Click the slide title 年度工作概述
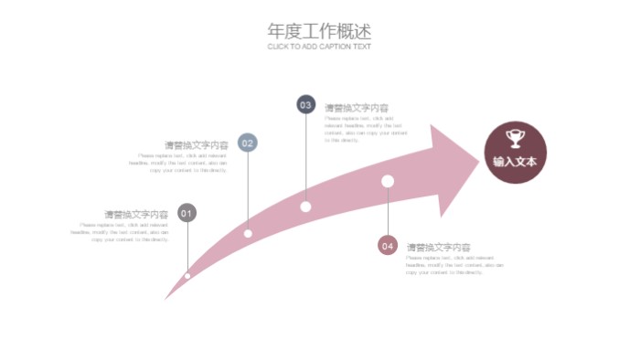click(x=319, y=30)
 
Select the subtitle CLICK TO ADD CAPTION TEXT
click(x=319, y=47)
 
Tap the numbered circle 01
click(x=187, y=214)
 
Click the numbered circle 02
click(x=247, y=143)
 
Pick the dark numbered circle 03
click(x=305, y=105)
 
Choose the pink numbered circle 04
click(x=388, y=245)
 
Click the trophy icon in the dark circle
click(x=515, y=138)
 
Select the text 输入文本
click(x=515, y=162)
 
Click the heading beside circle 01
click(x=135, y=216)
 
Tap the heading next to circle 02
click(x=196, y=145)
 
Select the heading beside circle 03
click(x=356, y=108)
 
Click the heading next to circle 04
click(x=438, y=248)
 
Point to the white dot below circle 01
click(x=187, y=275)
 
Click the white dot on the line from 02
click(x=248, y=233)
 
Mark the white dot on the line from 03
click(x=305, y=206)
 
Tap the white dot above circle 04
click(x=388, y=181)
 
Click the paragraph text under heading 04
click(x=454, y=265)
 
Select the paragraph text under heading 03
click(x=365, y=129)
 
